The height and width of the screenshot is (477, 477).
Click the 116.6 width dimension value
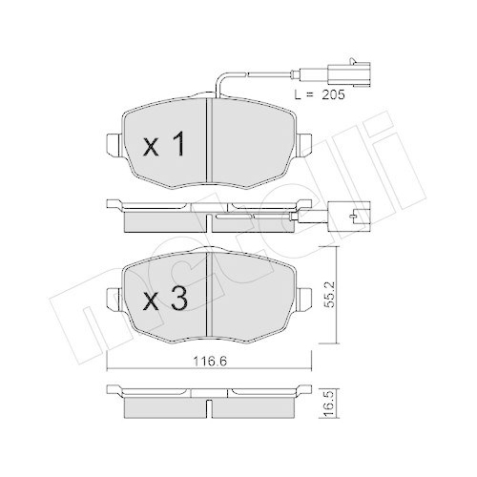pyautogui.click(x=210, y=362)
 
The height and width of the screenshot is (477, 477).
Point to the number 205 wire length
pyautogui.click(x=333, y=94)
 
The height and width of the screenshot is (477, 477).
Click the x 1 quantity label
pyautogui.click(x=163, y=145)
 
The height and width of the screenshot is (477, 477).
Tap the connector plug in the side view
pyautogui.click(x=349, y=217)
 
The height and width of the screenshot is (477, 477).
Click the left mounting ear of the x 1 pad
pyautogui.click(x=114, y=145)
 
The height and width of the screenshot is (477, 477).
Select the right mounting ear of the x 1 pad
pyautogui.click(x=304, y=145)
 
